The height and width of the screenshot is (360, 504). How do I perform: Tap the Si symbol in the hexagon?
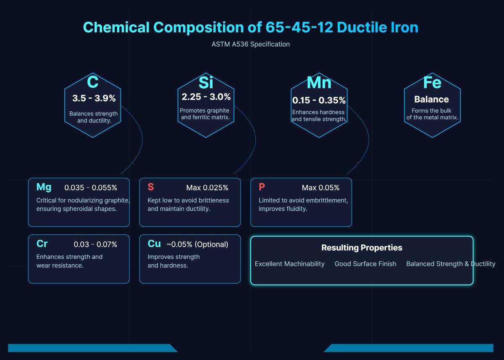click(206, 82)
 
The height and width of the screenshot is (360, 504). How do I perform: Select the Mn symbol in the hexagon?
click(319, 82)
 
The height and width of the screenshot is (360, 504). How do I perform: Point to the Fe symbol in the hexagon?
click(432, 82)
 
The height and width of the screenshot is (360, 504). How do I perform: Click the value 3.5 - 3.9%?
click(94, 98)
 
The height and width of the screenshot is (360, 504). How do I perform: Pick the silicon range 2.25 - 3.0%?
click(206, 97)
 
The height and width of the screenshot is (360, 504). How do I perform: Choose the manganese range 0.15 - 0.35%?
click(319, 100)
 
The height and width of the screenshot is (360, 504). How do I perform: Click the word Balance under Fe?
click(431, 100)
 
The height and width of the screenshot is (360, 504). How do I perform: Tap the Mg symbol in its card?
click(44, 187)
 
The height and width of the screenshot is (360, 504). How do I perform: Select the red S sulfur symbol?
click(151, 187)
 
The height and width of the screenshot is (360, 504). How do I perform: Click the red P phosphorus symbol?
click(262, 187)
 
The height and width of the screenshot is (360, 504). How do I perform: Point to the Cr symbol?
click(42, 244)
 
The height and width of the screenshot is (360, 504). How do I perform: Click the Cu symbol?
click(154, 244)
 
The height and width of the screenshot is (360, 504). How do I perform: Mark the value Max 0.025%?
click(207, 188)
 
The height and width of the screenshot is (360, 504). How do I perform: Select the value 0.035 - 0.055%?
click(91, 188)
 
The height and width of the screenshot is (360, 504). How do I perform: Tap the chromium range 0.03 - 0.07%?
click(95, 244)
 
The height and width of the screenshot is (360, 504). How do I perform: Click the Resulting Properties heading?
click(362, 248)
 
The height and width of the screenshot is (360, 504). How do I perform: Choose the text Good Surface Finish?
click(365, 264)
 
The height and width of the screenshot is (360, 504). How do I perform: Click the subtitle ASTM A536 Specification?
click(251, 44)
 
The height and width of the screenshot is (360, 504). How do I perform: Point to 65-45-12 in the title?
click(299, 27)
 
